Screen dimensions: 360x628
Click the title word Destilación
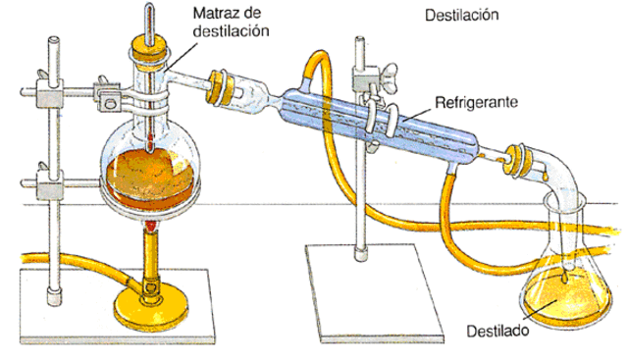tap(463, 17)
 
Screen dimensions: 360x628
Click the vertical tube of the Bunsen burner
tap(151, 260)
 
